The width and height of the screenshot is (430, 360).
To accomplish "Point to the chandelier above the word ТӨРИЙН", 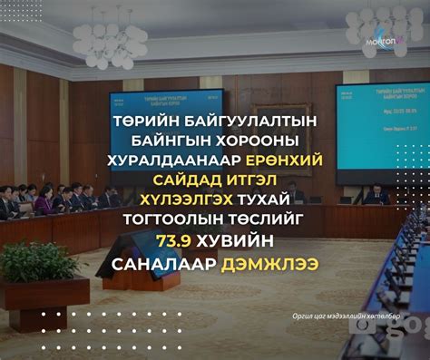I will click(x=110, y=39).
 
